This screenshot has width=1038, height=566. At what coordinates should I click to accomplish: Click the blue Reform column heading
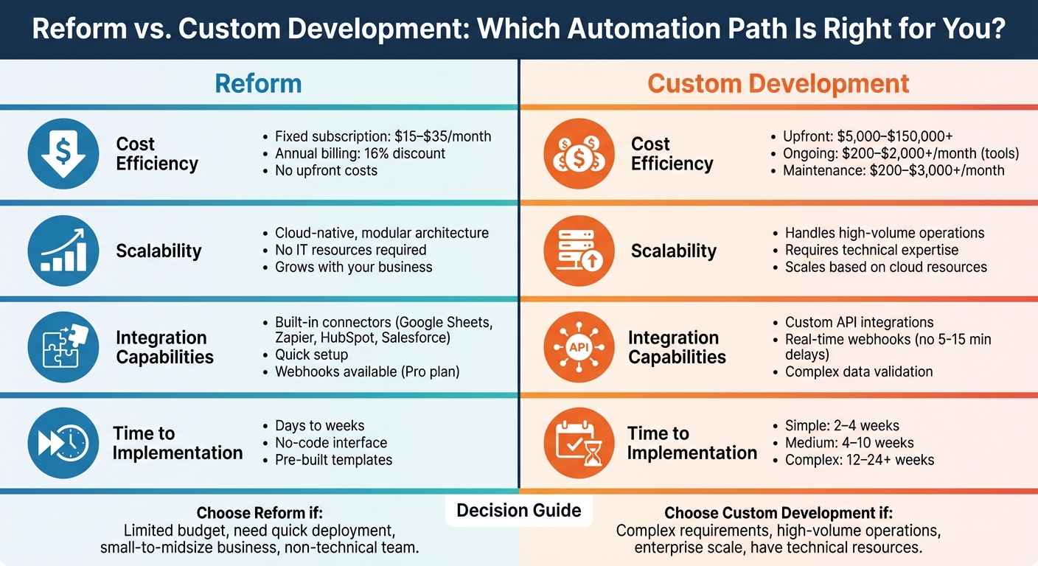[258, 83]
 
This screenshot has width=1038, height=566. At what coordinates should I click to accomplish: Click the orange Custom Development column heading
[778, 83]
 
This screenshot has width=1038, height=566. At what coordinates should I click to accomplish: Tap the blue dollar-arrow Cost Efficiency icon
[63, 154]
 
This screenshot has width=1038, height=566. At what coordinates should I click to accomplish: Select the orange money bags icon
[579, 154]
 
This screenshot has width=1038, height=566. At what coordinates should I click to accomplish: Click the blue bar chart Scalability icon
[63, 251]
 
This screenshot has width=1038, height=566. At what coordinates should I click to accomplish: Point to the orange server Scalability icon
[579, 251]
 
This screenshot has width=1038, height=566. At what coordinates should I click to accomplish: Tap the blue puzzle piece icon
[63, 347]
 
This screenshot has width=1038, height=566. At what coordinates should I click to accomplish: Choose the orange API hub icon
[579, 347]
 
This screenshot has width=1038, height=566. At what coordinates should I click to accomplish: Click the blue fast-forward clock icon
[63, 443]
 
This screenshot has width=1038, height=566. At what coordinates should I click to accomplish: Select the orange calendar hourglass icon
[579, 443]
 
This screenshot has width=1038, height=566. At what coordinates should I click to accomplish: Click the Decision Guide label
[518, 511]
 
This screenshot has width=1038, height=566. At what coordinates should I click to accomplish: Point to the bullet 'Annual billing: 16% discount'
[360, 153]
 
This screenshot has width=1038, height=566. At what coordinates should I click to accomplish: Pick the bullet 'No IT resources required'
[350, 250]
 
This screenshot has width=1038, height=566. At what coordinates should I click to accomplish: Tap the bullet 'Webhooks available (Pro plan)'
[366, 371]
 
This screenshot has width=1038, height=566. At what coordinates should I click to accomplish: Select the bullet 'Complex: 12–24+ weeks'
[859, 460]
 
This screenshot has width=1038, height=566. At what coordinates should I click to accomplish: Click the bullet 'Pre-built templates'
[333, 460]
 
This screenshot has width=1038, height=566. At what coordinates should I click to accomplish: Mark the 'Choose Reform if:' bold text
[259, 514]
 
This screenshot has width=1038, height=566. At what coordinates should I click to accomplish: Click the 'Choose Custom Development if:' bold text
[778, 514]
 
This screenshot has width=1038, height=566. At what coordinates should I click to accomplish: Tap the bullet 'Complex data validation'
[859, 371]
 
